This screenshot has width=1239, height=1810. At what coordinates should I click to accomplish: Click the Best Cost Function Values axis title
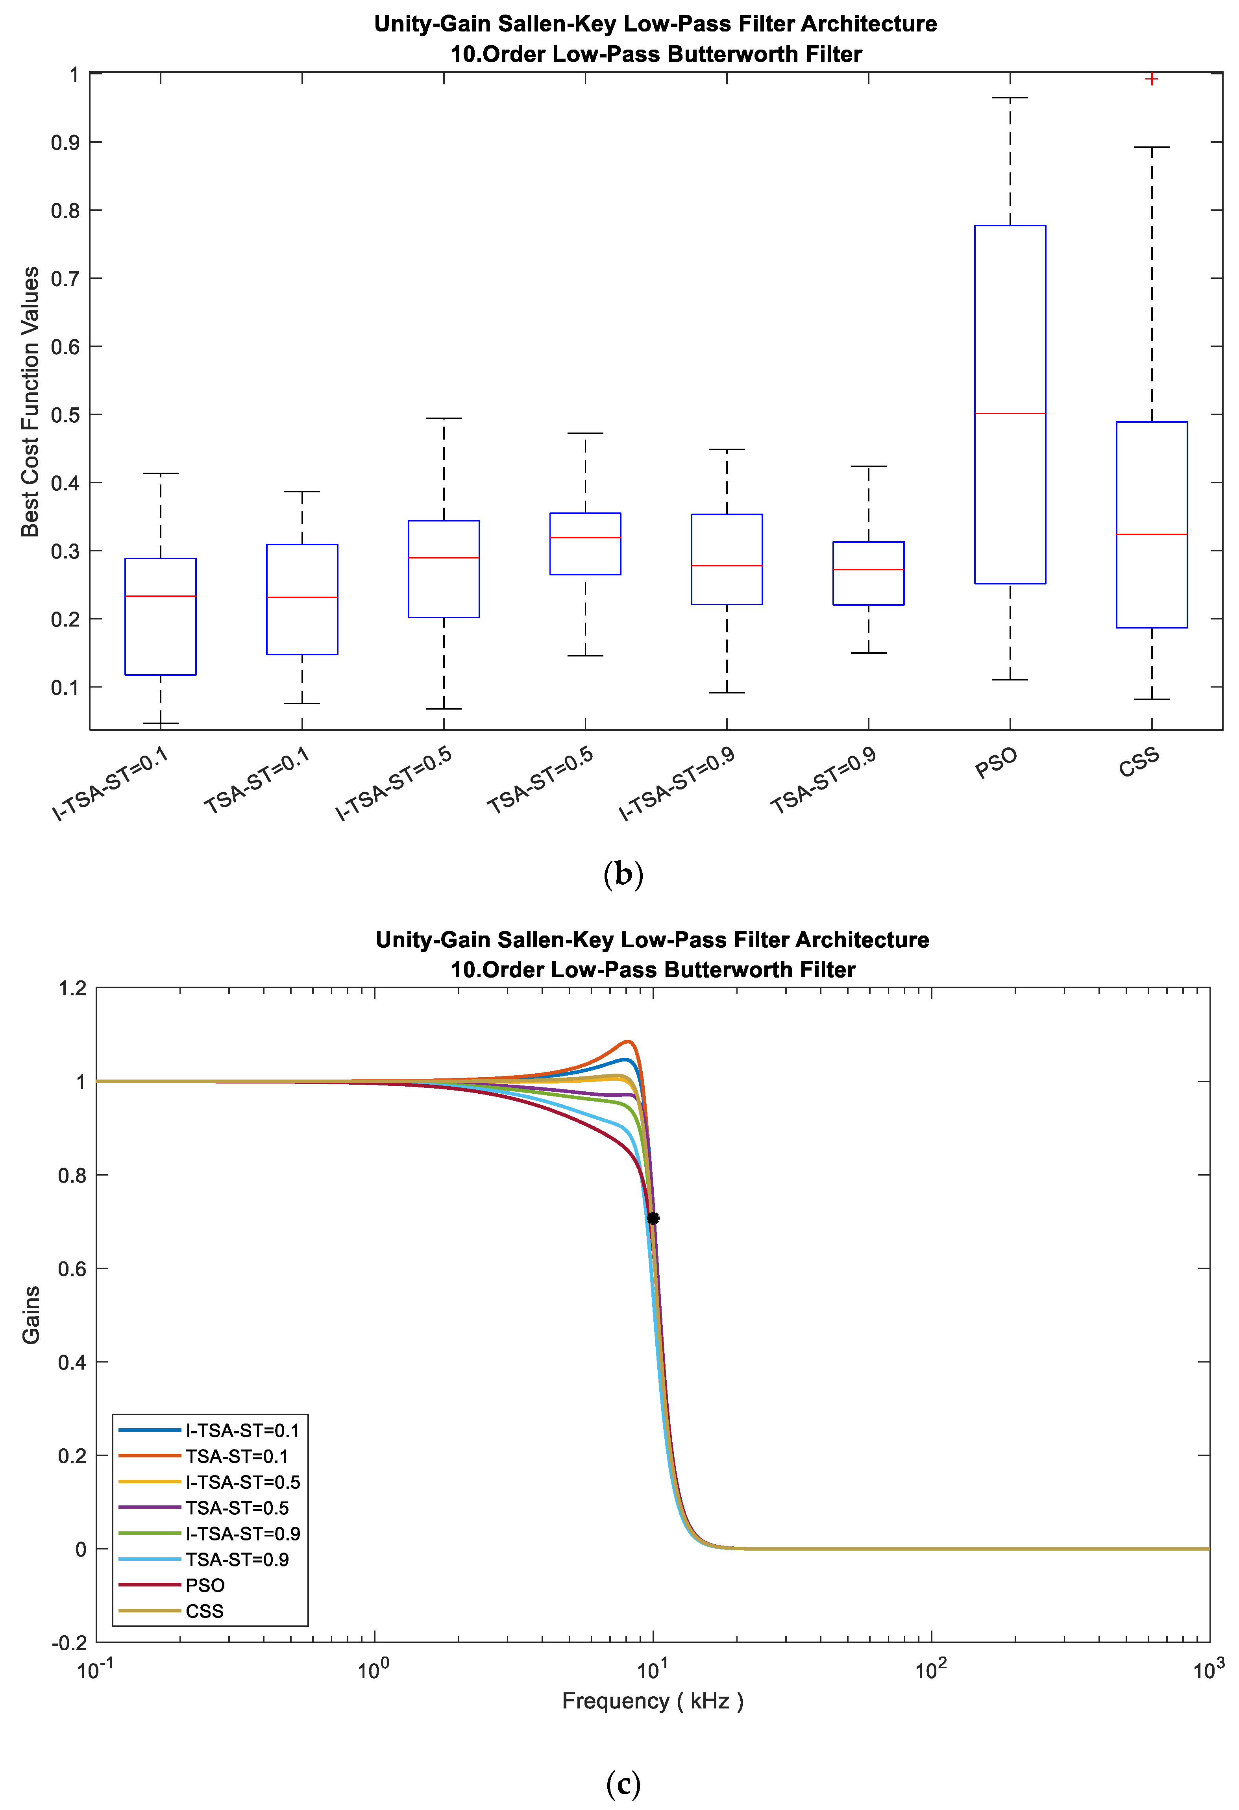point(30,402)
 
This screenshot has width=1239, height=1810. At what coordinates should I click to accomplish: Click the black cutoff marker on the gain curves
point(653,1218)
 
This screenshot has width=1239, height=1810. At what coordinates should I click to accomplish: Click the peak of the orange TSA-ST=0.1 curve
point(628,1041)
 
